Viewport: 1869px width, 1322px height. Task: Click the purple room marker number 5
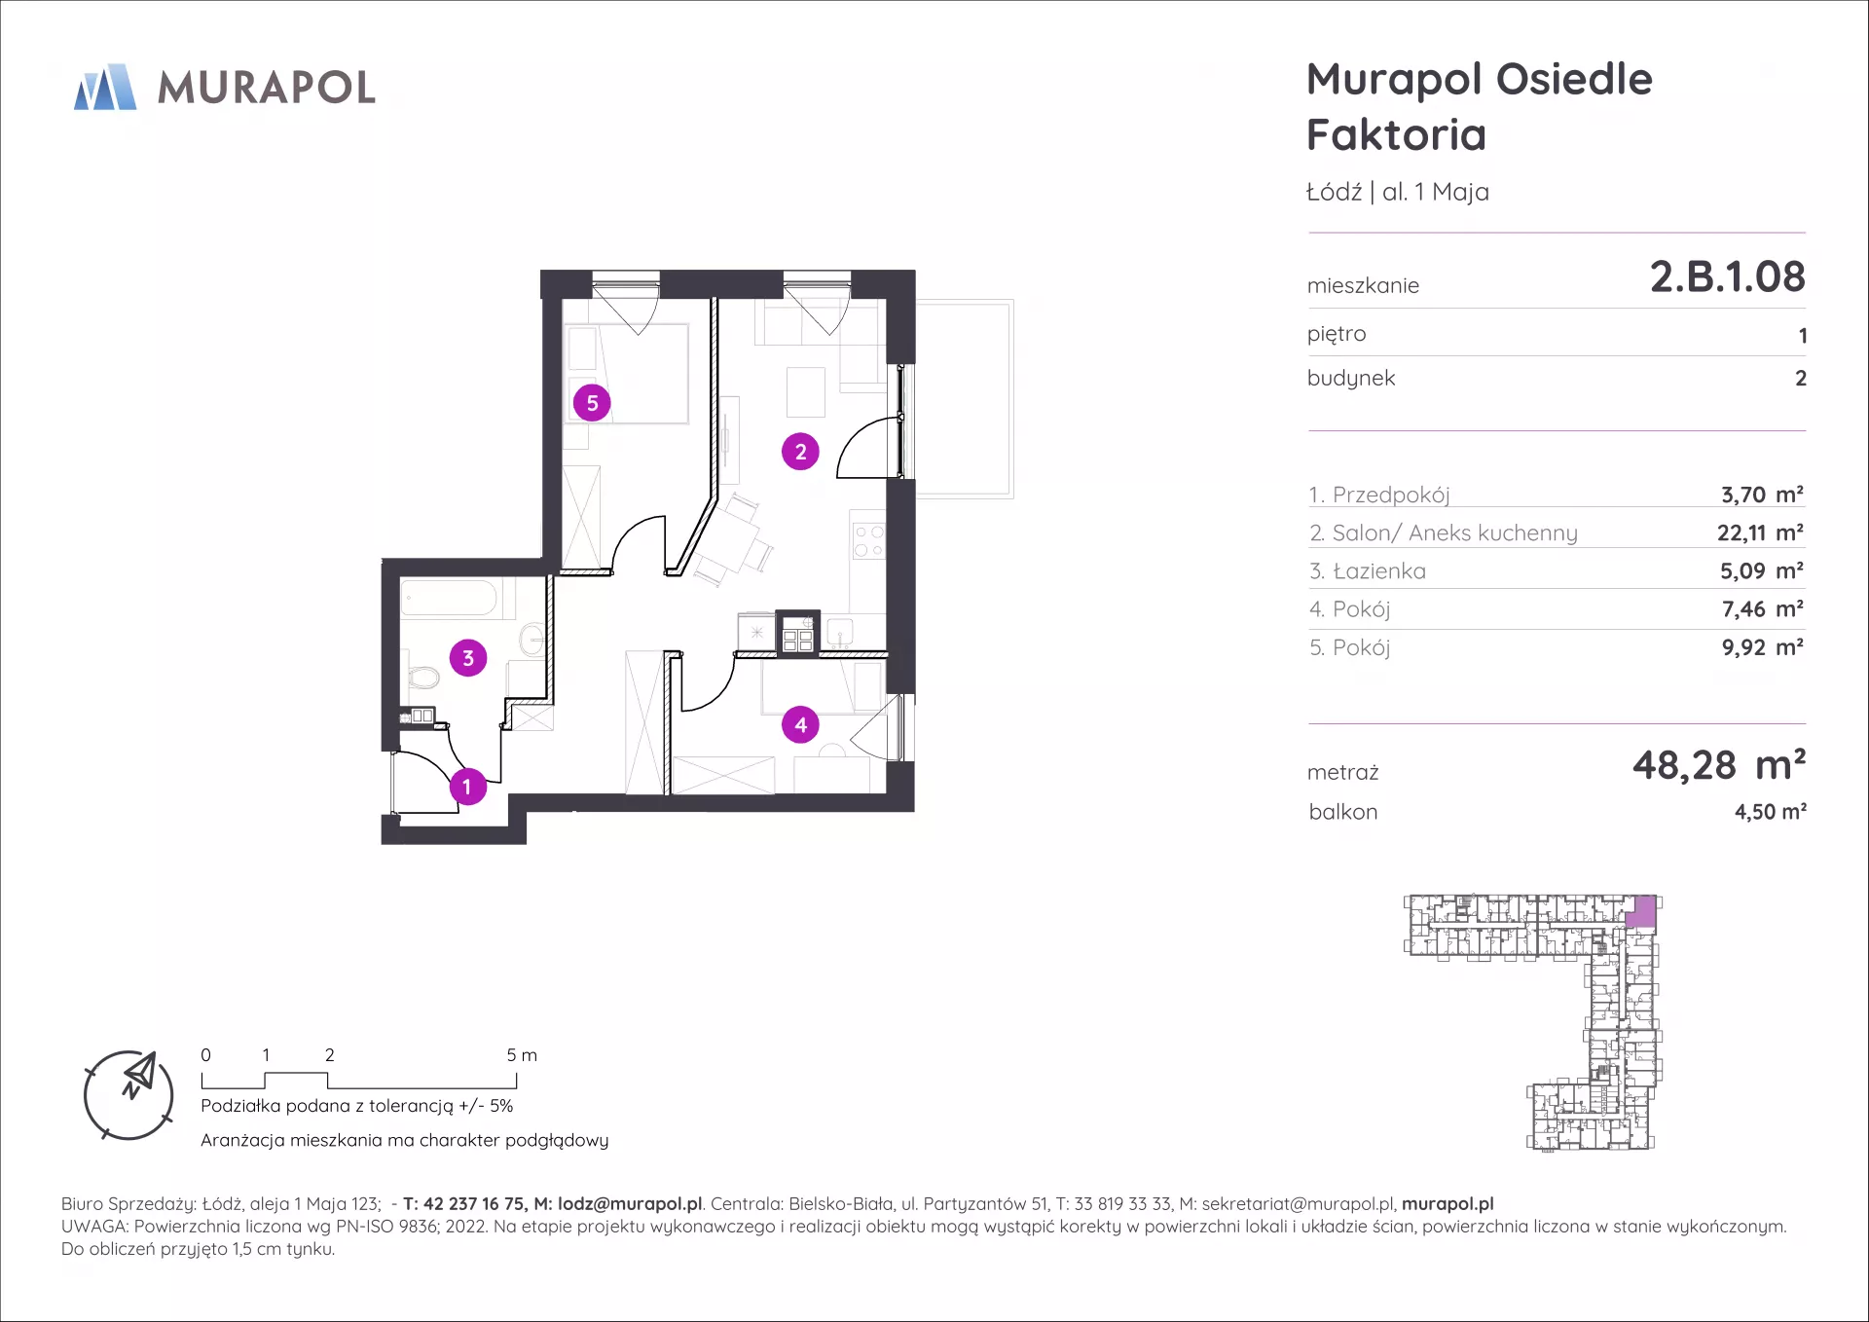(592, 402)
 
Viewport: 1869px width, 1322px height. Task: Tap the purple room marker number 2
(800, 451)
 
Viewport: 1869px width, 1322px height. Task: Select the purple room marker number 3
(468, 658)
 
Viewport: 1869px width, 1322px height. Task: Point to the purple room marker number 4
(800, 724)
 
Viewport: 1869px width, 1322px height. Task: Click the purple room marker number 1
(467, 786)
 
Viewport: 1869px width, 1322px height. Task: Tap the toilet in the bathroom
(422, 677)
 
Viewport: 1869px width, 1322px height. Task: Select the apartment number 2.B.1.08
(1727, 276)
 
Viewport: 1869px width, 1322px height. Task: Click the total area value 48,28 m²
(1719, 765)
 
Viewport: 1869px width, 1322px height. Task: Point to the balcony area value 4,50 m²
(1771, 811)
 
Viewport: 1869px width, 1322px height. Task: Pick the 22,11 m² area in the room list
(1760, 532)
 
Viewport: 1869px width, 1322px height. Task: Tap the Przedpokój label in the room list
(1391, 496)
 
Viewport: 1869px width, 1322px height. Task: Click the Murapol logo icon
(105, 87)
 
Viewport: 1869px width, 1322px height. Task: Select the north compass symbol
(128, 1094)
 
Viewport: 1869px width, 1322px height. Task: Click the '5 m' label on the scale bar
(522, 1055)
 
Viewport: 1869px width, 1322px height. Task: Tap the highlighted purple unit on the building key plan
(1641, 911)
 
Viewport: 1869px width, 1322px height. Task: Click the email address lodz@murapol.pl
(630, 1204)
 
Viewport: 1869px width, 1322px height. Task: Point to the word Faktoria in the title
(1396, 134)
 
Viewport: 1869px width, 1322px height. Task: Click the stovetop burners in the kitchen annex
(868, 540)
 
